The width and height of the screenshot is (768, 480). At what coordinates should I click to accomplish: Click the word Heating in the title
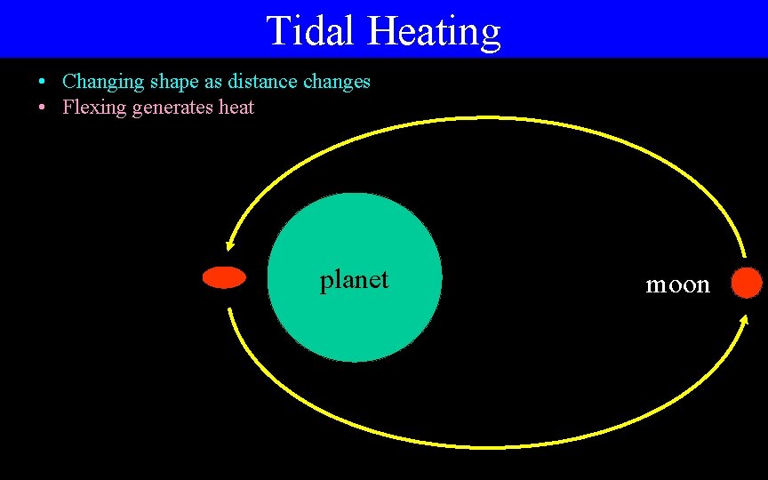coord(435,32)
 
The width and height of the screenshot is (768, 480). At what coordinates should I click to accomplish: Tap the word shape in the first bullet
coord(172,83)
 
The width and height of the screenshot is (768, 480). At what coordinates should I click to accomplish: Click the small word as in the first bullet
coord(212,83)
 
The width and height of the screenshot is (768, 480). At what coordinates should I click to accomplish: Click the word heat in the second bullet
coord(236,108)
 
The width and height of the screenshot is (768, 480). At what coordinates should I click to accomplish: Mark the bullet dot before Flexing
coord(43,108)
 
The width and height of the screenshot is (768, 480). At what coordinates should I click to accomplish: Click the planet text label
coord(354,280)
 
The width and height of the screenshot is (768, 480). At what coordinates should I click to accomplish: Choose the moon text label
coord(677,284)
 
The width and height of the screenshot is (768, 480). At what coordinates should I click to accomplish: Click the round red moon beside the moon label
coord(747,283)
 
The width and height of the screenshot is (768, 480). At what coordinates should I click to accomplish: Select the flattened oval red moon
coord(224,278)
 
